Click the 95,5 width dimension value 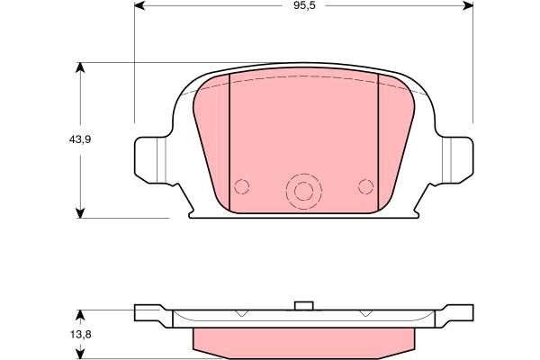[x=304, y=6]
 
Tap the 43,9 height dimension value [x=80, y=139]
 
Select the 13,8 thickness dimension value [x=81, y=334]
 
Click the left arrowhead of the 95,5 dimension [x=139, y=5]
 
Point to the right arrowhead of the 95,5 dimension [x=468, y=5]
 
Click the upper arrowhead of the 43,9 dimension [x=80, y=67]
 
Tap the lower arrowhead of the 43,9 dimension [x=80, y=213]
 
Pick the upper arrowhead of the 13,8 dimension [x=80, y=315]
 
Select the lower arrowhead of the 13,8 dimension [x=80, y=354]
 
